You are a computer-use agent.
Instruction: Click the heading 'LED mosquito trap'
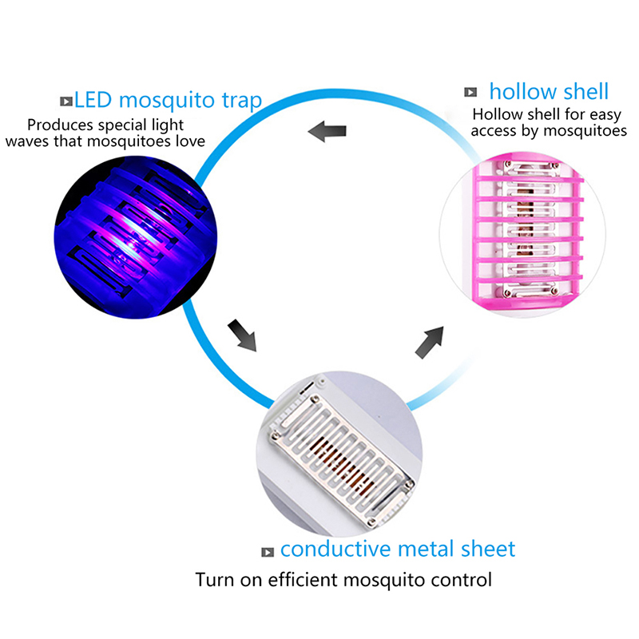click(x=168, y=100)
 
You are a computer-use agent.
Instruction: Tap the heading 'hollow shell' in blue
click(x=549, y=91)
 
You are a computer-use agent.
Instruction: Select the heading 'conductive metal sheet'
click(x=398, y=549)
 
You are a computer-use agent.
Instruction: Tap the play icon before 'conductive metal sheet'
click(x=268, y=551)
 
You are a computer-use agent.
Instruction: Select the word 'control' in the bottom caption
click(x=461, y=579)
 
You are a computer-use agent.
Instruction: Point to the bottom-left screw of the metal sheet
click(x=278, y=435)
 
